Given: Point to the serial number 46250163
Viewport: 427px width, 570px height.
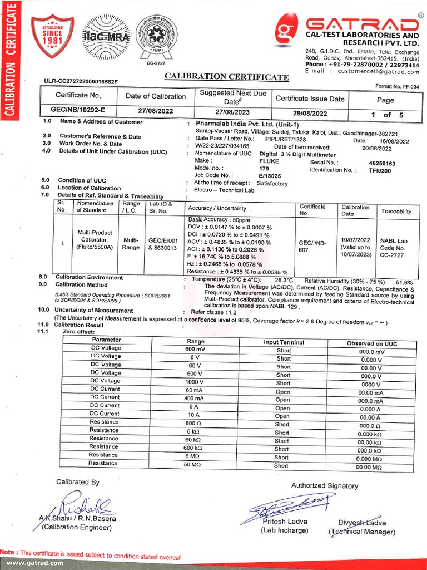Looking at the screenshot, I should click(x=382, y=164).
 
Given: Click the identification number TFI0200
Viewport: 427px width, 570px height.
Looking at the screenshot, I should click(x=380, y=171).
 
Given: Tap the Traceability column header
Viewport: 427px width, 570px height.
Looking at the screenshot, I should click(x=396, y=212).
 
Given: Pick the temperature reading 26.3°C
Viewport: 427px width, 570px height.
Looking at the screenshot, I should click(x=284, y=280).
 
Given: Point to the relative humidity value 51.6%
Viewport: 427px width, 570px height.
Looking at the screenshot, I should click(x=404, y=282).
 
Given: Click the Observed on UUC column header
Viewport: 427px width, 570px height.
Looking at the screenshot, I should click(x=372, y=343).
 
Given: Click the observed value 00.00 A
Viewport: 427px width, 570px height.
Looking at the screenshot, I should click(x=370, y=417).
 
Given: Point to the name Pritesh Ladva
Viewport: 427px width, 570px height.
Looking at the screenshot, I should click(x=284, y=522).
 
